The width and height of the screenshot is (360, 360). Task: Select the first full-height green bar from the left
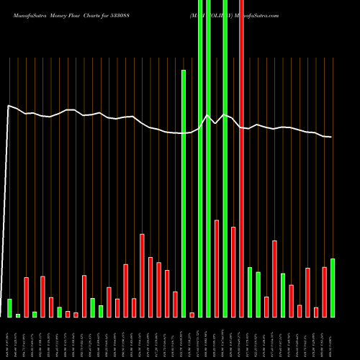pos(200,158)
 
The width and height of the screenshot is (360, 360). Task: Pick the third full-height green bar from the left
pos(225,158)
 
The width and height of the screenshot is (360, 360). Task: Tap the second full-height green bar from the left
pos(209,158)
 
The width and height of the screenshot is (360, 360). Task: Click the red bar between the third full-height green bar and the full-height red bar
pos(233,271)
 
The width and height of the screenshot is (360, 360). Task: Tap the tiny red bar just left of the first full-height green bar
pos(192,315)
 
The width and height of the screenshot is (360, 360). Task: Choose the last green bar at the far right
pos(333,287)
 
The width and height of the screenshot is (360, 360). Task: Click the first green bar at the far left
pos(9,307)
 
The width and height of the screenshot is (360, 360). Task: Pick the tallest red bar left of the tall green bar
pos(142,275)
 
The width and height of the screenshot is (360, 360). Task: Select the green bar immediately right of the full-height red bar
pos(250,292)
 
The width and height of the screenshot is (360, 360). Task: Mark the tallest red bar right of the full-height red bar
pos(275,279)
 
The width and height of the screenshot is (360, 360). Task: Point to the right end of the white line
pos(331,137)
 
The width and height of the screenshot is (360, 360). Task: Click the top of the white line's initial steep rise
pos(9,106)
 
